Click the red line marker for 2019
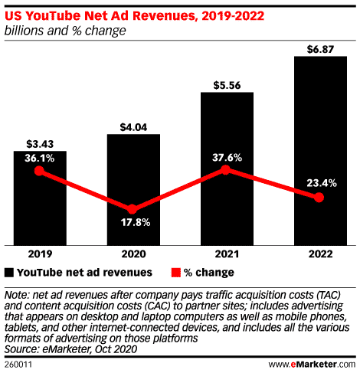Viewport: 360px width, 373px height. [x=40, y=172]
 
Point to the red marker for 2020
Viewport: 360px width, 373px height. [x=133, y=209]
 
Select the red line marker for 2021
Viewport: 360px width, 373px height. [x=227, y=170]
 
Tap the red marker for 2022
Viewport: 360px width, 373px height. [x=319, y=198]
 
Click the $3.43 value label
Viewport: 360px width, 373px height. [x=40, y=143]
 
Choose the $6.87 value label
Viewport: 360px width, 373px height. [x=319, y=48]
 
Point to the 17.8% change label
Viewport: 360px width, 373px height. [x=133, y=223]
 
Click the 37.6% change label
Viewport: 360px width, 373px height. [x=227, y=157]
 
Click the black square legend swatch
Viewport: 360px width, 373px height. [x=9, y=272]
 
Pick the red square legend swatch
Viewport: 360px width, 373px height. [x=175, y=272]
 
